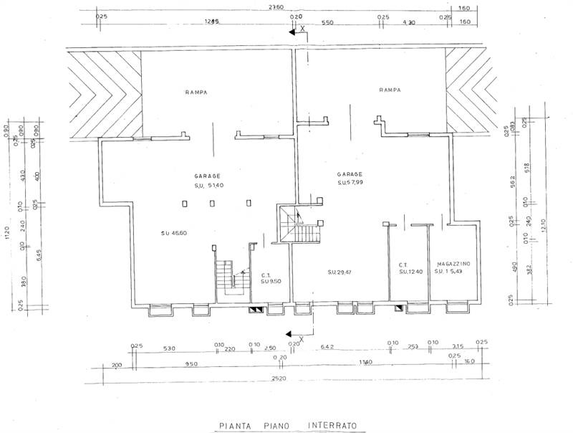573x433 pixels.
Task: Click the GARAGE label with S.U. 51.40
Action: point(207,176)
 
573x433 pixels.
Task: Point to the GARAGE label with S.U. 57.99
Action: point(350,173)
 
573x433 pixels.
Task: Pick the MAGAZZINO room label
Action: point(451,265)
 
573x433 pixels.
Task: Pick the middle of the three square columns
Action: point(213,204)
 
